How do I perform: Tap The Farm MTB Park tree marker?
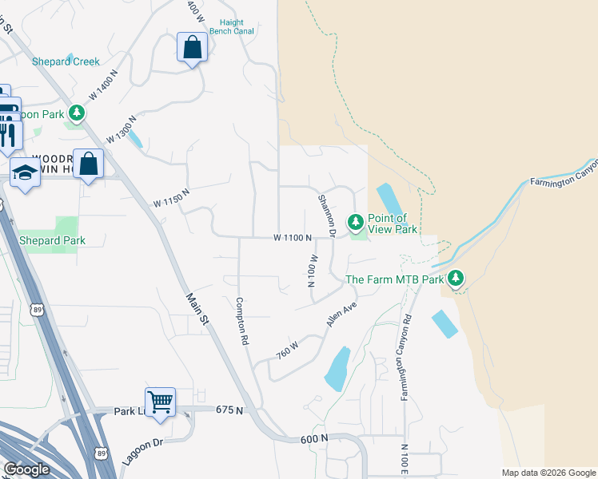coord(456,279)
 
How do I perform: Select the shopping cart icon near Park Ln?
coord(160,402)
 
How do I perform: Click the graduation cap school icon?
coord(25,172)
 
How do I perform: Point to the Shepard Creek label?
coord(66,61)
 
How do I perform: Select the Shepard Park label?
coord(52,240)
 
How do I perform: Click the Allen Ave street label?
coord(340,314)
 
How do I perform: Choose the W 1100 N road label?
coord(291,238)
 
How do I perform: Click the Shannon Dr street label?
coord(326,216)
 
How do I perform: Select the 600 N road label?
coord(314,439)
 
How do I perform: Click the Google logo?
coord(27,469)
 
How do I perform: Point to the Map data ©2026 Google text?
coord(548,473)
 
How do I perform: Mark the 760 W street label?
coord(287,349)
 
